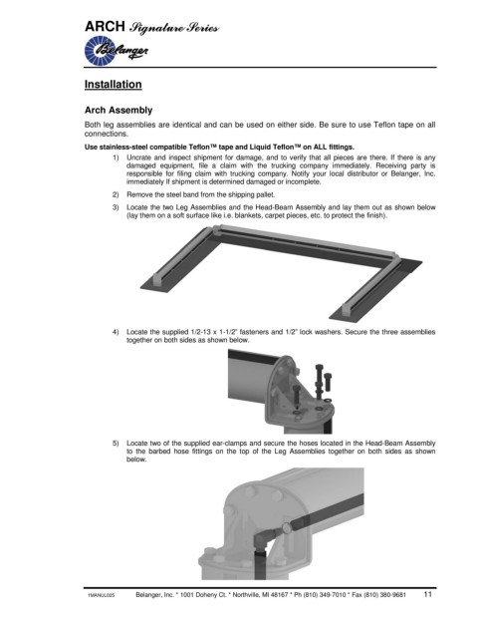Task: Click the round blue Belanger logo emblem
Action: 100,50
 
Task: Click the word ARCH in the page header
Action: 105,27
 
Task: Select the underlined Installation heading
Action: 114,85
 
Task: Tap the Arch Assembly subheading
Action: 119,110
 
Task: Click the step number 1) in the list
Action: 116,157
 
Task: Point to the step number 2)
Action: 116,194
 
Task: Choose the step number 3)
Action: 116,207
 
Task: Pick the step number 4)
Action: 116,332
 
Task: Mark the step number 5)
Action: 116,444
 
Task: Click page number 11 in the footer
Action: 428,594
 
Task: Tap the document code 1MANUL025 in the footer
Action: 102,595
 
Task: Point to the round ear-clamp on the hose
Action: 286,527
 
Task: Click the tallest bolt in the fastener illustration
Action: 320,382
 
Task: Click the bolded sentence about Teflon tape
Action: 219,148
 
